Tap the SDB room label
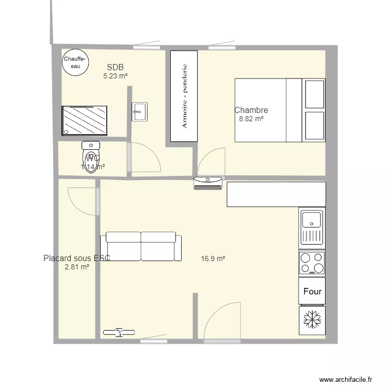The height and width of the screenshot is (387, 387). [x=115, y=67]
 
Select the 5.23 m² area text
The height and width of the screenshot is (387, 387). [x=115, y=76]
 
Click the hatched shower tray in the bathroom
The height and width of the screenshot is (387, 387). [x=85, y=121]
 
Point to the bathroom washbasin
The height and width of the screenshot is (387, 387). [x=139, y=111]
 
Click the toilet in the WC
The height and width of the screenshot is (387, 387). [x=91, y=156]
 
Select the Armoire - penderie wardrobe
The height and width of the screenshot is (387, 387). [x=184, y=96]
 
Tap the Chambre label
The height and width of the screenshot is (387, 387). [x=251, y=110]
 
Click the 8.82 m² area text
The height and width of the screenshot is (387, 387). [x=251, y=119]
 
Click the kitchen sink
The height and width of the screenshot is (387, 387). [x=312, y=227]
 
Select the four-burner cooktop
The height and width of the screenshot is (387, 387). [x=312, y=262]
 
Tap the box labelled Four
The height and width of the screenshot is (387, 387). [x=312, y=292]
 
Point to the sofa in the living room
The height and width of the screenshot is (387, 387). [x=141, y=246]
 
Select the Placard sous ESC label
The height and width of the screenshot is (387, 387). [x=77, y=258]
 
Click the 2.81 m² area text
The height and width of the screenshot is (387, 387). [x=77, y=267]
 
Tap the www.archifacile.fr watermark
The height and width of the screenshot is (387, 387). [x=346, y=379]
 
